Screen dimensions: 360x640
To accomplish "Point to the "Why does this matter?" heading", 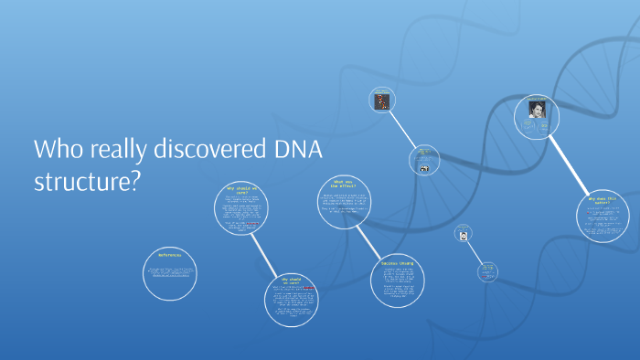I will click(604, 200).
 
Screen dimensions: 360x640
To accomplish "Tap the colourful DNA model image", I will click(382, 100).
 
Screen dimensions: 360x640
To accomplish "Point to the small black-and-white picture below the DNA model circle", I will click(422, 167).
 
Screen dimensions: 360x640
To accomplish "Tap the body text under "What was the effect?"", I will click(344, 206).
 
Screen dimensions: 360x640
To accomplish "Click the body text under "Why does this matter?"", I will click(604, 219).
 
